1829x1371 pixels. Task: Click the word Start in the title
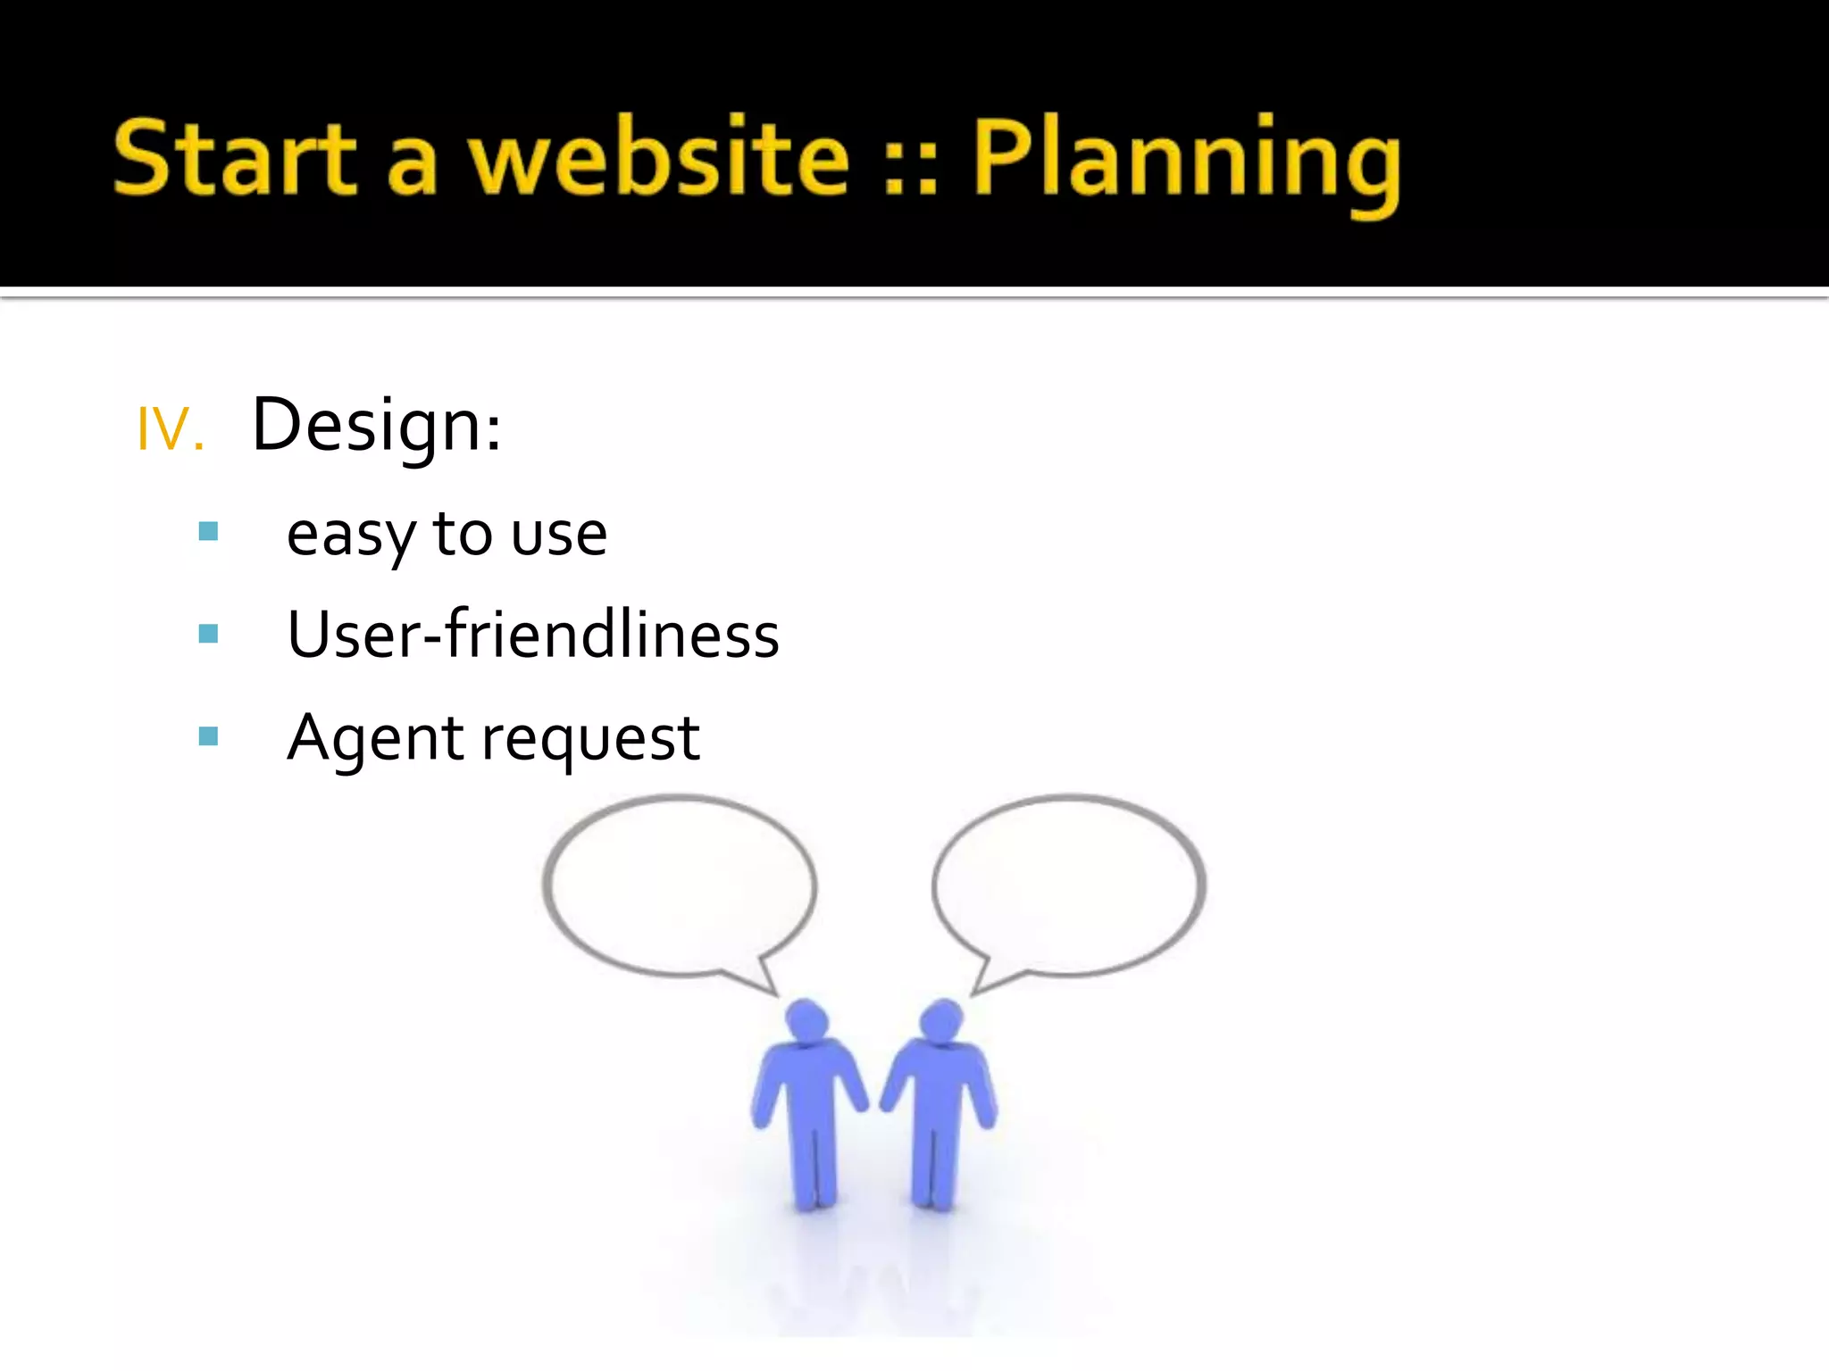tap(234, 158)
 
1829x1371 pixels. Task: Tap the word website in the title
tap(659, 158)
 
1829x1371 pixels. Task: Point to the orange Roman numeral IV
tap(170, 429)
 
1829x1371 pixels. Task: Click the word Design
tap(375, 426)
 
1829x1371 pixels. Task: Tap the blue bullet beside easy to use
tap(209, 532)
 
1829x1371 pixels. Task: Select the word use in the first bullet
tap(559, 536)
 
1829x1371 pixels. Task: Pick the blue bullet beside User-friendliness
tap(209, 634)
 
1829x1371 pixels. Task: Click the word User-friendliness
tap(533, 635)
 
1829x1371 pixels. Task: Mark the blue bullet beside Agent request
tap(209, 735)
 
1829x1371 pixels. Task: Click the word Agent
tap(376, 739)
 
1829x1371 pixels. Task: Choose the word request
tap(590, 741)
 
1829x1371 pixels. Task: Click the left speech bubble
tap(679, 884)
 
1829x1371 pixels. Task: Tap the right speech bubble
tap(1069, 884)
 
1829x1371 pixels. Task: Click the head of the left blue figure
tap(807, 1019)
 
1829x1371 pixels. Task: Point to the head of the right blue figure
tap(940, 1019)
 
